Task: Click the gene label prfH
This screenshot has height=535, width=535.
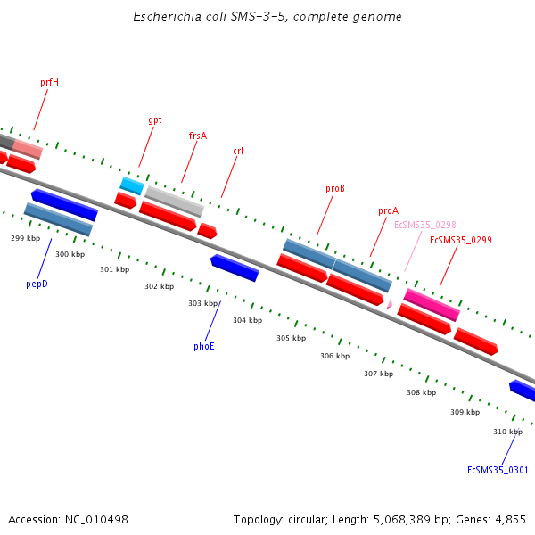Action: coord(49,82)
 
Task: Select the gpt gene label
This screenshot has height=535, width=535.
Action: coord(155,119)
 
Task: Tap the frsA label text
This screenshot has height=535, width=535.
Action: coord(197,136)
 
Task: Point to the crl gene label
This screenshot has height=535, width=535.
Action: coord(238,152)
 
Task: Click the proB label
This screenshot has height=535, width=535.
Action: coord(335,189)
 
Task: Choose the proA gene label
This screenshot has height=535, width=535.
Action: coord(388,211)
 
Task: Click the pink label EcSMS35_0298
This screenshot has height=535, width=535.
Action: coord(425,226)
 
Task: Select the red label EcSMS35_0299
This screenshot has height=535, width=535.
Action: coord(461,240)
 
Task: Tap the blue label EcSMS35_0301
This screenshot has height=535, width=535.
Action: coord(498,470)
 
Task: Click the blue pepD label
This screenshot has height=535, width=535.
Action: coord(37,284)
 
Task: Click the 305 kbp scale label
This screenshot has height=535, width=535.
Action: coord(291,338)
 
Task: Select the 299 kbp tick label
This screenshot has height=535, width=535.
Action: coord(26,238)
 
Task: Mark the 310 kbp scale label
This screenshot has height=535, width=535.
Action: coord(507,432)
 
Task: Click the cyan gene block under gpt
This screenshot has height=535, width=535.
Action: coord(132,185)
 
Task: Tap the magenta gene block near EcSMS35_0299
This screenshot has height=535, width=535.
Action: coord(432,304)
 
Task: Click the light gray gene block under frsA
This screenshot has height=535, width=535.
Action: coord(174,201)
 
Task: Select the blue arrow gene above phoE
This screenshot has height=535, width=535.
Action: coord(235,267)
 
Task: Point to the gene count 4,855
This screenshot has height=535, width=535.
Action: coord(511,519)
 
